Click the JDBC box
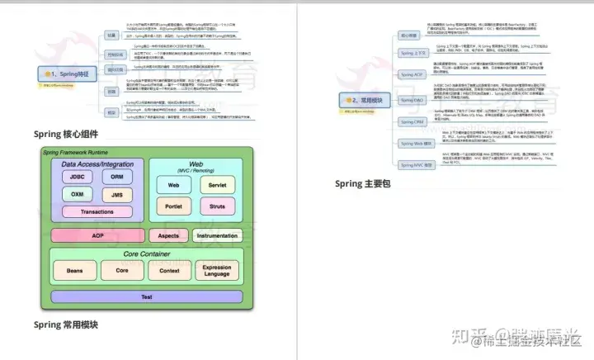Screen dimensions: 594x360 76,178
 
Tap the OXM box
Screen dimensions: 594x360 76,195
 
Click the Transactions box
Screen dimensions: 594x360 97,212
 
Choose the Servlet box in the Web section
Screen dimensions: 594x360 217,185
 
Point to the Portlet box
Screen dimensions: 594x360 174,206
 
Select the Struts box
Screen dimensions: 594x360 217,206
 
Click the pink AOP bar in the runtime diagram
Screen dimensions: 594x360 98,235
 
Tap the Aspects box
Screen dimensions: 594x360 167,235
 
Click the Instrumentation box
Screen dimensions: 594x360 217,235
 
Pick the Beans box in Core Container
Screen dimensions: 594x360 73,270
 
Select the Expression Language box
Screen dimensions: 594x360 217,270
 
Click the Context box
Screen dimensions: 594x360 169,270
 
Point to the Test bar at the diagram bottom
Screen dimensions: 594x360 146,296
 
